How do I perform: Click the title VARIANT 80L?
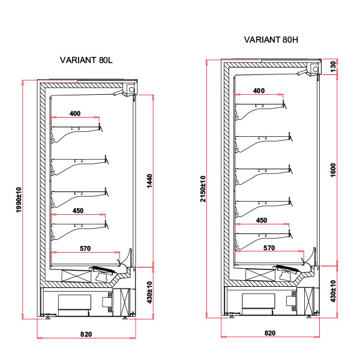click(x=86, y=60)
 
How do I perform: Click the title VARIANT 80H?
click(x=271, y=40)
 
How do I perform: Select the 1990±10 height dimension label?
click(x=19, y=200)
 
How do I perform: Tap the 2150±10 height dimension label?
click(x=203, y=189)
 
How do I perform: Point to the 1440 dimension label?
click(x=149, y=181)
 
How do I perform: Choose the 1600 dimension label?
click(x=333, y=170)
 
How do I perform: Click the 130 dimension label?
click(x=333, y=67)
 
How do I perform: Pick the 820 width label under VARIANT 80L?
click(x=86, y=334)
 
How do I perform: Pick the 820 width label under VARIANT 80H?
click(x=270, y=333)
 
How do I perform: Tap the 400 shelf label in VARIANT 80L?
click(x=75, y=113)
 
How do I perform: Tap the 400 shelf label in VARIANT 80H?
click(x=259, y=91)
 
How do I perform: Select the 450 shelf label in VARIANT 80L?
click(x=78, y=211)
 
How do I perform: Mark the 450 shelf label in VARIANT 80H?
click(x=262, y=220)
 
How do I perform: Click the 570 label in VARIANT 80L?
click(x=85, y=248)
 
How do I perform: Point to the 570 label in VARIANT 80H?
click(x=269, y=248)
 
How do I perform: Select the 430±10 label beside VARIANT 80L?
click(x=149, y=292)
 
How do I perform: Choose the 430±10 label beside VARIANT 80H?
click(x=333, y=291)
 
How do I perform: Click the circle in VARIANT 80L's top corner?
click(x=131, y=89)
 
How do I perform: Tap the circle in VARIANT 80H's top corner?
click(x=316, y=69)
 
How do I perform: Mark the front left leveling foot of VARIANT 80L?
click(x=47, y=317)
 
